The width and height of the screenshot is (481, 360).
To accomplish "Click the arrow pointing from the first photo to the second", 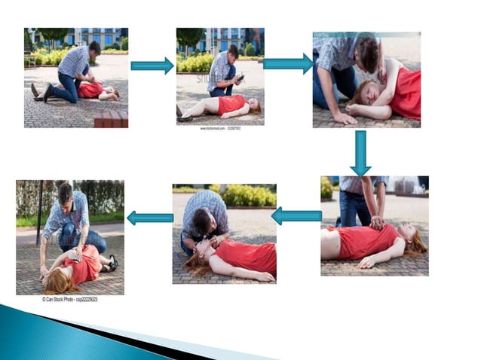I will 152,66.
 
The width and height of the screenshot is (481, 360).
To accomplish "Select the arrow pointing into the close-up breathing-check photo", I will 288,64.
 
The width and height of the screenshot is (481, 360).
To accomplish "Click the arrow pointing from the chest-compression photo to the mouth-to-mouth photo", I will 296,216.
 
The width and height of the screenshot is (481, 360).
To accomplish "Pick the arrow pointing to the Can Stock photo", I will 149,218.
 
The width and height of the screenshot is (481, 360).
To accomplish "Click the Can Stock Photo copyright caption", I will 69,299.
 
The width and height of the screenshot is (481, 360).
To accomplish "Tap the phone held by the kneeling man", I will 239,78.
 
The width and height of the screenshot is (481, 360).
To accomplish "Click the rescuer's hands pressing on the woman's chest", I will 375,222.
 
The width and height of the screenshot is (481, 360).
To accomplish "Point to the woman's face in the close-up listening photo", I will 364,93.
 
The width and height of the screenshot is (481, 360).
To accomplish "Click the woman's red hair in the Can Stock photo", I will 58,281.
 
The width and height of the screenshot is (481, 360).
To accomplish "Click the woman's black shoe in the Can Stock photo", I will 112,263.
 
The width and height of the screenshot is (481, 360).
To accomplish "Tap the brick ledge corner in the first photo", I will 111,118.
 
